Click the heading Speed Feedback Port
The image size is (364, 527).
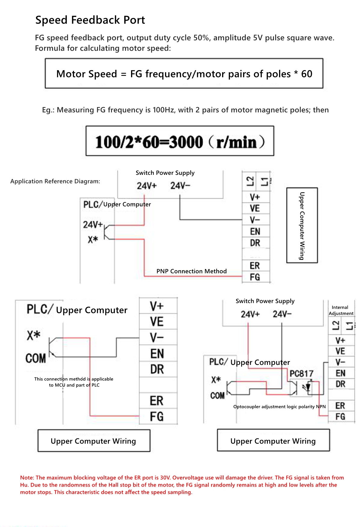90,20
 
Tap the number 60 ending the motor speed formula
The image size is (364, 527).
307,74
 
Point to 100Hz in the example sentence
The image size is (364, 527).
163,110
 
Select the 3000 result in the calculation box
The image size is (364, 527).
186,142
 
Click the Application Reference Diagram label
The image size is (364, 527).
55,181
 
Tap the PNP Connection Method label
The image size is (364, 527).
191,271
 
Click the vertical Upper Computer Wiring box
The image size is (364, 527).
302,226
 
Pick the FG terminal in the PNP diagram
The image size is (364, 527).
255,277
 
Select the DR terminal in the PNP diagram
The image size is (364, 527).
255,243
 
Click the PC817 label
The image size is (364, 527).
301,374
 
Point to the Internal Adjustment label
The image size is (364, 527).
341,310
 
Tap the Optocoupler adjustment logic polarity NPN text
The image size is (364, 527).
279,406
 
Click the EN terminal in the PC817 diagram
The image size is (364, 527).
340,373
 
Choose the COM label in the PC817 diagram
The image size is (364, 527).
217,396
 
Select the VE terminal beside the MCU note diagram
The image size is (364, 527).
157,322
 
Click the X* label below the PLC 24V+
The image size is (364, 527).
93,240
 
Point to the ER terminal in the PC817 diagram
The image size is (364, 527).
340,406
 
